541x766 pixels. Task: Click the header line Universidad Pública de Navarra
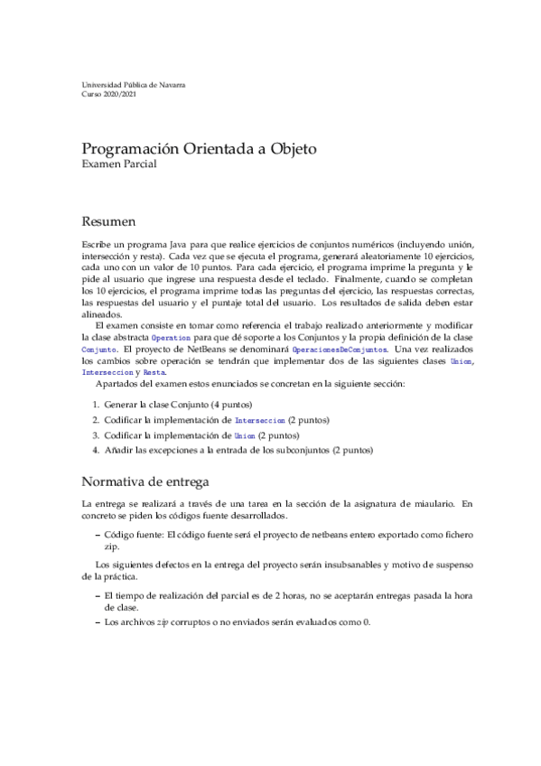(x=134, y=85)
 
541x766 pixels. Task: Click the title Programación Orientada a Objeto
(x=199, y=148)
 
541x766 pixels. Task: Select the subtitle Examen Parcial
(x=118, y=164)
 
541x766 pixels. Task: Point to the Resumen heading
(x=109, y=220)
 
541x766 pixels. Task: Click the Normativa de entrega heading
(x=146, y=480)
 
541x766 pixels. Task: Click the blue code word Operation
(x=171, y=336)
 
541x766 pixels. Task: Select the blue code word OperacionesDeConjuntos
(x=339, y=348)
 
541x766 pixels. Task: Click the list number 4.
(x=95, y=449)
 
